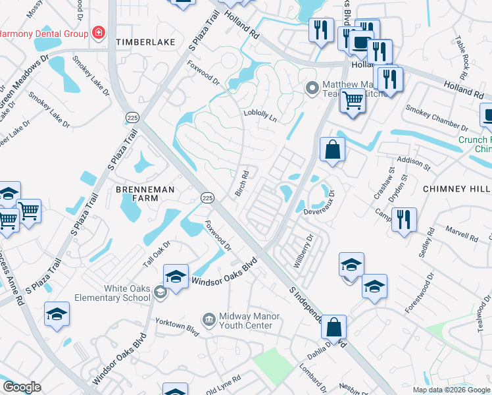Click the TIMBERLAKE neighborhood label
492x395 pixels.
point(146,42)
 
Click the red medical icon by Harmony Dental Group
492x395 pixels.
point(99,32)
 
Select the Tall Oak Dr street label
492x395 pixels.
point(157,253)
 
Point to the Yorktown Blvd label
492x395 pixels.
point(177,326)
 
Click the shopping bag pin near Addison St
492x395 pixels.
point(332,149)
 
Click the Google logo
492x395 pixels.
point(22,387)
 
